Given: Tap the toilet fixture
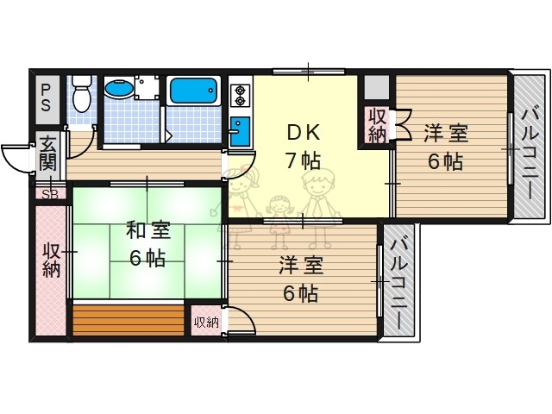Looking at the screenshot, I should pos(81,93).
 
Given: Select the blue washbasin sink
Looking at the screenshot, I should pos(118,90).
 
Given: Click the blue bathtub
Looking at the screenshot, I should pos(196,91).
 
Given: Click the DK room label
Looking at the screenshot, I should pos(303,133).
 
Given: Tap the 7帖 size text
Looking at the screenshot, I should pos(303,160).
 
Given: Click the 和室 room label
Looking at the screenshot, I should pos(147,231).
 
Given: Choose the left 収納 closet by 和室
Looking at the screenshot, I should pos(51,260).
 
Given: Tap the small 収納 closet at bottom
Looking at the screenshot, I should pos(206,322).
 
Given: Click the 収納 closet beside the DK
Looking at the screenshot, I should pos(377,126).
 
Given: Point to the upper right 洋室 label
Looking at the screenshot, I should pos(445,134).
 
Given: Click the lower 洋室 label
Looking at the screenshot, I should pos(301,266).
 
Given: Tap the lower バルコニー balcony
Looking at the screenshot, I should pos(398,279).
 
